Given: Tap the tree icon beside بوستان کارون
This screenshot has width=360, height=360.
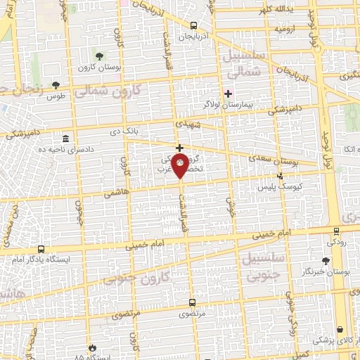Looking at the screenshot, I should coord(98,55).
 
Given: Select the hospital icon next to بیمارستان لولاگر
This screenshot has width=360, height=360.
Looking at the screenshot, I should coord(227,94).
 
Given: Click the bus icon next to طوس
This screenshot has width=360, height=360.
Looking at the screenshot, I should coord(56,84).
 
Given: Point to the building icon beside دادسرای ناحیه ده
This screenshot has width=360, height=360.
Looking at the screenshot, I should coord(65,138).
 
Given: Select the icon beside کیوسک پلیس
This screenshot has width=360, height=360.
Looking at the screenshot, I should coord(281,176).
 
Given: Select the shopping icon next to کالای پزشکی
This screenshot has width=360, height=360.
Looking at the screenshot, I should coord(340,329).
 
